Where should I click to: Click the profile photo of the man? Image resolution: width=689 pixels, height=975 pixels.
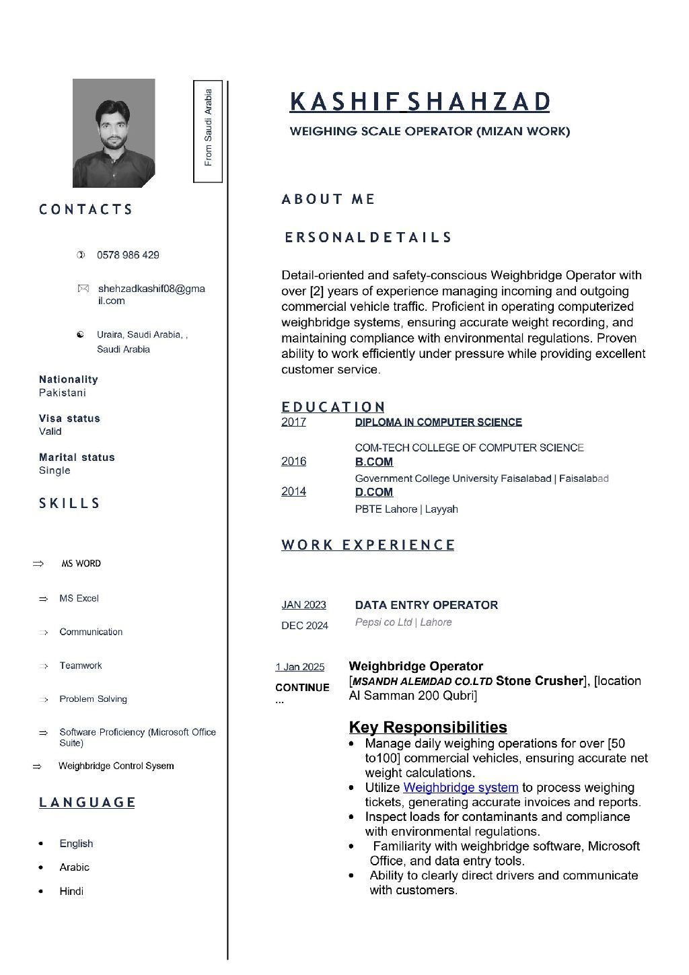pos(113,133)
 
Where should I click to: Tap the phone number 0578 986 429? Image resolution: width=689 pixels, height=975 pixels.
pos(128,255)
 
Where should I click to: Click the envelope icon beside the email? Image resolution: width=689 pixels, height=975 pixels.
pos(83,289)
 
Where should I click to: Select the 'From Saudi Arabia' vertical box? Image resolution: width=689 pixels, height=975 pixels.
pos(208,131)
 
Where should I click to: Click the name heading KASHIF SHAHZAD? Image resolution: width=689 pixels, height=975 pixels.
pos(419,102)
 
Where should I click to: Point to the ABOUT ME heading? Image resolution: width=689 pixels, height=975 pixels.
pos(328,199)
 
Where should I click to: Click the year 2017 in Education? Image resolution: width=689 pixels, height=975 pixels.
pos(293,422)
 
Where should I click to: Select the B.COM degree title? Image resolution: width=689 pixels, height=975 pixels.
pos(373,462)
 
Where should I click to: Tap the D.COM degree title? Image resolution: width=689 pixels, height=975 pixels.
pos(373,492)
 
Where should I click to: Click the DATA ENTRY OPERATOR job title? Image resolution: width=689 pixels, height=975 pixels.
pos(426,605)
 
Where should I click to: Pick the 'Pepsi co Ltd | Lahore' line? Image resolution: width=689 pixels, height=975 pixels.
pos(403,622)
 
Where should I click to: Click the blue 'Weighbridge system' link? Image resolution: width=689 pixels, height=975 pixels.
pos(460,787)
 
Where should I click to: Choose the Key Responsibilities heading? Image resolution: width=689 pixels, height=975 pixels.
pos(427,727)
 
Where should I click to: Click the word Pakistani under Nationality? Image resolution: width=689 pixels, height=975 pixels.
pos(62,393)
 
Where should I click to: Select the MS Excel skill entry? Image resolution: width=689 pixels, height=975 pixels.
pos(79,598)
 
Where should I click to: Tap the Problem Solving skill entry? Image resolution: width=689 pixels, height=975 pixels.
pos(93,699)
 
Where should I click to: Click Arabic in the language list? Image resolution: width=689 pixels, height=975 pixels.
pos(74,867)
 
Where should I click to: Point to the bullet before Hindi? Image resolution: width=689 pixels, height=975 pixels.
pos(41,892)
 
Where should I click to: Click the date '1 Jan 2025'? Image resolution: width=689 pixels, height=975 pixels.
pos(299,667)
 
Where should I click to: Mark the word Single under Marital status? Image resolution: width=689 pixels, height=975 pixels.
pos(55,470)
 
